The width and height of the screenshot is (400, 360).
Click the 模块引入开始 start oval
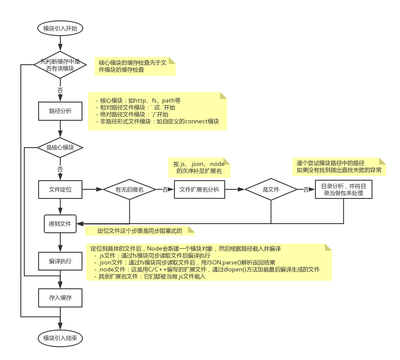click(60, 29)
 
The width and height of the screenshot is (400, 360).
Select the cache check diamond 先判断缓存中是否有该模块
click(60, 65)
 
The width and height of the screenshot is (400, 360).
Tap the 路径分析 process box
click(60, 111)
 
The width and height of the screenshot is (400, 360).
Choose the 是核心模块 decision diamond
click(60, 148)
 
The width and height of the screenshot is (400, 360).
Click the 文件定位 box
click(60, 189)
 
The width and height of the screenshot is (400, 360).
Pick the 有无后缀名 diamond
click(129, 190)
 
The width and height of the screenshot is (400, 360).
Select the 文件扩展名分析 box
click(199, 190)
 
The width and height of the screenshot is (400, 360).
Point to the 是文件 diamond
click(271, 190)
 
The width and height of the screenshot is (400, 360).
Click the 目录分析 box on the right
click(343, 189)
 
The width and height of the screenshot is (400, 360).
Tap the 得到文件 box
click(60, 224)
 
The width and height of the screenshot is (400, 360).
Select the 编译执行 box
click(60, 261)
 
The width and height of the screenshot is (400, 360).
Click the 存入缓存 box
click(60, 298)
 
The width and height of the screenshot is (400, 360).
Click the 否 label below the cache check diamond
click(60, 90)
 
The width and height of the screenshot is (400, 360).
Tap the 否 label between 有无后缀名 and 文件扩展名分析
click(165, 190)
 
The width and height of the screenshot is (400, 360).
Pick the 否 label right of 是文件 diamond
click(306, 190)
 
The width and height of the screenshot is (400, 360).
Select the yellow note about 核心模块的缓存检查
click(135, 66)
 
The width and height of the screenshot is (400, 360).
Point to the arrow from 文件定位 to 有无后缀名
click(92, 190)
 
